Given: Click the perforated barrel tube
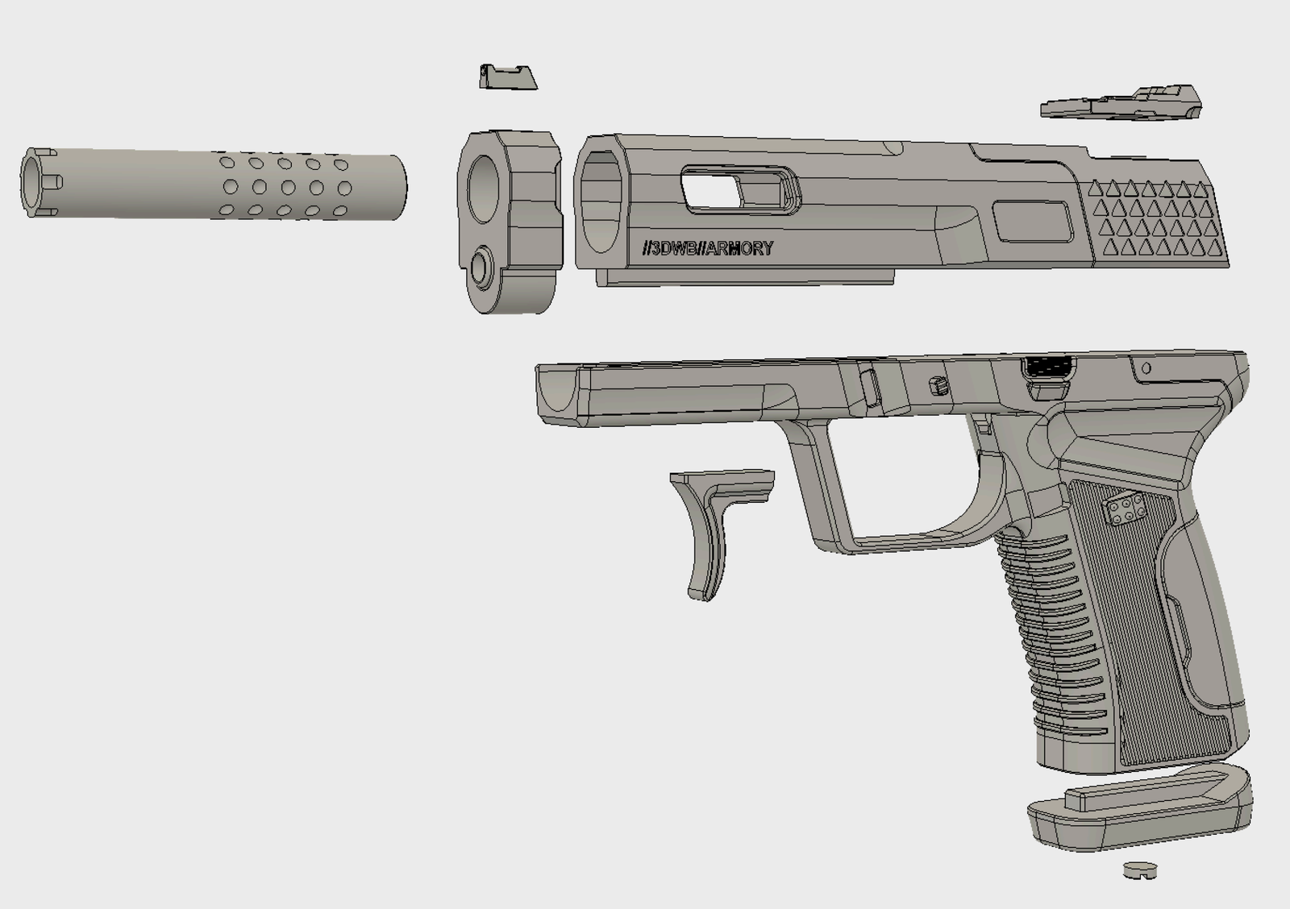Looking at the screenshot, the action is pyautogui.click(x=213, y=185).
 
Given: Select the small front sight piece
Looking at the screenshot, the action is pyautogui.click(x=508, y=77).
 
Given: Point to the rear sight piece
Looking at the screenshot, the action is pyautogui.click(x=1121, y=104).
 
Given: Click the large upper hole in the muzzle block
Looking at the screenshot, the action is pyautogui.click(x=483, y=189).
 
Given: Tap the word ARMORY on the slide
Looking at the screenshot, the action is pyautogui.click(x=739, y=249).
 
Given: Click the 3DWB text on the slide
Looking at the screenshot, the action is pyautogui.click(x=674, y=249).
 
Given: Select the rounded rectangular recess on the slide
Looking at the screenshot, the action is pyautogui.click(x=1033, y=222).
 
